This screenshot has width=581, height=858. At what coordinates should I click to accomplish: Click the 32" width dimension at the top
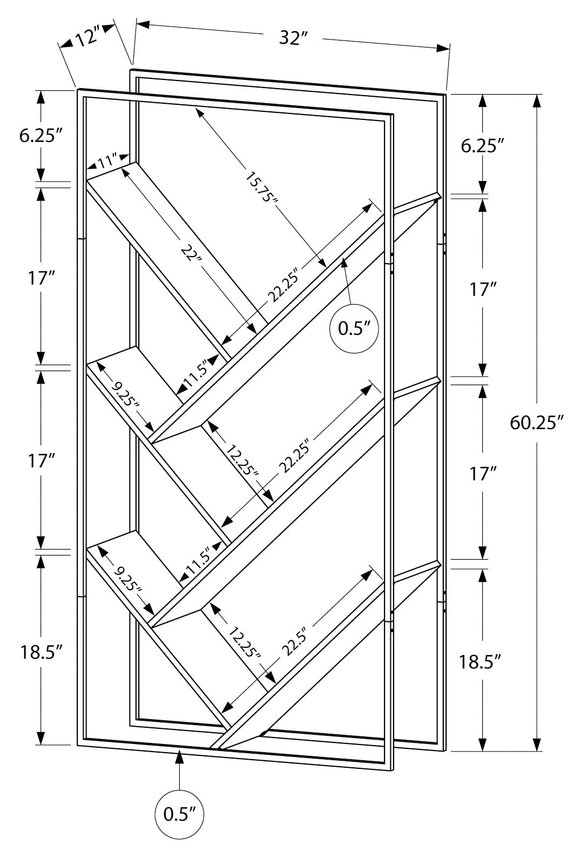[293, 38]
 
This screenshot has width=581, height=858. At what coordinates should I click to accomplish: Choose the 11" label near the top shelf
[107, 161]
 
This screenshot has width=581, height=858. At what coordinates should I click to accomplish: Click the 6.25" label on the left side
[38, 136]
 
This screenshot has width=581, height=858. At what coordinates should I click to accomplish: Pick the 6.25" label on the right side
[482, 146]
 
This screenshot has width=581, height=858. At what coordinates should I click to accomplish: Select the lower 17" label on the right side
[482, 474]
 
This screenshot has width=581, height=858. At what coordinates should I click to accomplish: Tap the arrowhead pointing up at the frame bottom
[180, 759]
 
